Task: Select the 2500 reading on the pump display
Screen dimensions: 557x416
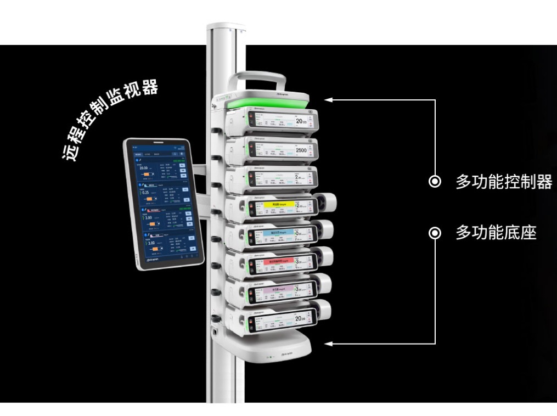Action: pyautogui.click(x=301, y=149)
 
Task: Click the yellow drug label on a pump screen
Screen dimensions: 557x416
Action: pyautogui.click(x=279, y=205)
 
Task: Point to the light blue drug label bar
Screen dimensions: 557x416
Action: pyautogui.click(x=278, y=233)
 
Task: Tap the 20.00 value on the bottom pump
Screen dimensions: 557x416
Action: pyautogui.click(x=301, y=319)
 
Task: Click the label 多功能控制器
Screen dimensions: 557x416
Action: pyautogui.click(x=503, y=182)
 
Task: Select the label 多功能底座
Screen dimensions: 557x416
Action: pyautogui.click(x=496, y=233)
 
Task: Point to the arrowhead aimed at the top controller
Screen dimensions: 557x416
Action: pyautogui.click(x=328, y=100)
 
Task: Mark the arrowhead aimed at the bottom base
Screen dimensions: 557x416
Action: pyautogui.click(x=328, y=344)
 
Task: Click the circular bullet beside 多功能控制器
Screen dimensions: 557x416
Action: pyautogui.click(x=435, y=182)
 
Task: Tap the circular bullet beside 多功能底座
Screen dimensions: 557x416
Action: pyautogui.click(x=435, y=234)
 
